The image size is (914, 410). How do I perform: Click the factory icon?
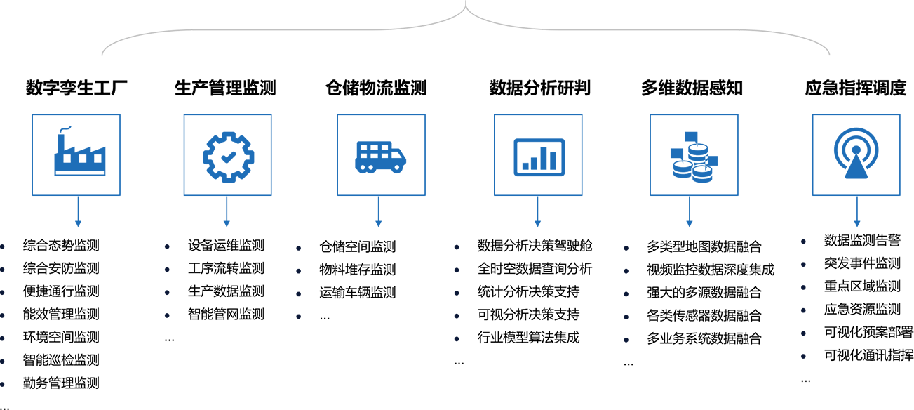(79, 152)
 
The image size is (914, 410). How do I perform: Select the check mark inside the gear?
(228, 157)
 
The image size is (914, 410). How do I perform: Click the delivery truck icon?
(380, 157)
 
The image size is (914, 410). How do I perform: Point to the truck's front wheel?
(397, 168)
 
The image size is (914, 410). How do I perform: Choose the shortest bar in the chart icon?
(525, 166)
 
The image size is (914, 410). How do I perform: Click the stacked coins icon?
(693, 157)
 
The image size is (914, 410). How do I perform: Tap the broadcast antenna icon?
(856, 153)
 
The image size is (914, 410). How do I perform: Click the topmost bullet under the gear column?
(167, 246)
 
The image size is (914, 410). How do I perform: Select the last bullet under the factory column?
(2, 384)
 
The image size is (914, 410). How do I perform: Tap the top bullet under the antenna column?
(803, 242)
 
